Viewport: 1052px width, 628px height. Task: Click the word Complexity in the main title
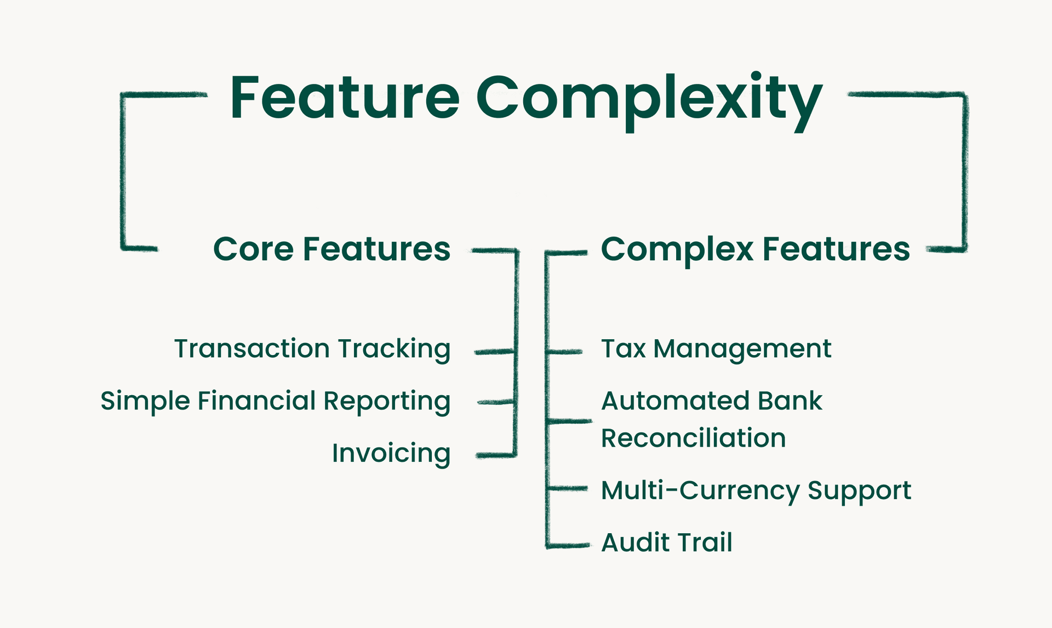[x=649, y=102]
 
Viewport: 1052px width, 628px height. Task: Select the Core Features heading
[x=331, y=249]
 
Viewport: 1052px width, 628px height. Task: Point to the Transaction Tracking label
[x=312, y=349]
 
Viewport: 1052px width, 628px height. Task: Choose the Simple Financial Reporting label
[x=276, y=401]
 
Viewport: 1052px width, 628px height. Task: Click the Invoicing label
[x=391, y=453]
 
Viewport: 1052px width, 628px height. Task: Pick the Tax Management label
[x=716, y=349]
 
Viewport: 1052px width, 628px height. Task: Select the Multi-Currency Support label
[x=756, y=490]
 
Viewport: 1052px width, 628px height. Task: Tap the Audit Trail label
[x=667, y=543]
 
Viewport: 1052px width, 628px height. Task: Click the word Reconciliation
[x=694, y=438]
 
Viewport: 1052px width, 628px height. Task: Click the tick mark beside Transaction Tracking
[x=495, y=352]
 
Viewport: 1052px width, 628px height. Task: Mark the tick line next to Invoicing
[x=496, y=455]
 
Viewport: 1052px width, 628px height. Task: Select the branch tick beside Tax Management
[x=564, y=352]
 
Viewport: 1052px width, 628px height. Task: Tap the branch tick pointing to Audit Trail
[x=568, y=545]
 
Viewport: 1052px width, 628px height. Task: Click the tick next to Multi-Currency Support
[x=567, y=488]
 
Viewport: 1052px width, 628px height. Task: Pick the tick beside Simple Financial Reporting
[x=496, y=402]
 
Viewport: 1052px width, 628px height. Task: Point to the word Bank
[x=790, y=401]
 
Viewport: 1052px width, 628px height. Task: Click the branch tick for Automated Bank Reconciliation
[x=569, y=421]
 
